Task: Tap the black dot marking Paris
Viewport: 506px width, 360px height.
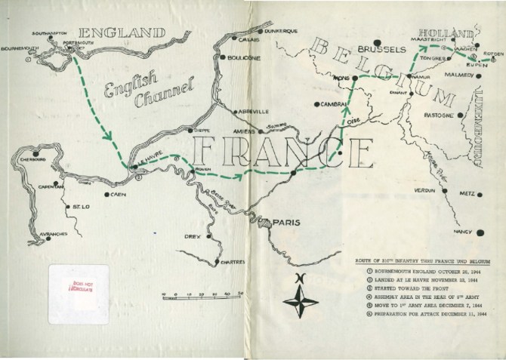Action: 258,221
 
